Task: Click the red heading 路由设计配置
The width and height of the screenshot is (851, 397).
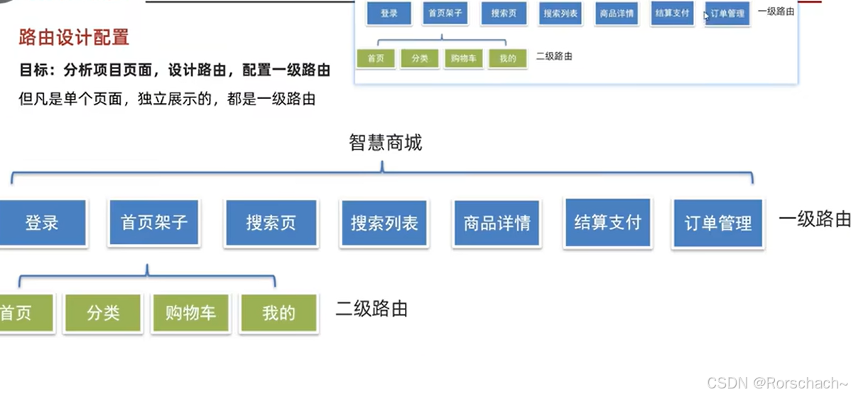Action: (x=74, y=37)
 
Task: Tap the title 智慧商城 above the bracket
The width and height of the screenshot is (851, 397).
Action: (x=385, y=143)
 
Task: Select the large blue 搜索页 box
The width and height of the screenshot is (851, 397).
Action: (x=271, y=223)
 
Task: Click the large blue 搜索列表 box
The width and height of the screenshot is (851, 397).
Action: (x=384, y=223)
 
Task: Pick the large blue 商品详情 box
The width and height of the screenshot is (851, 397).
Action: (x=497, y=223)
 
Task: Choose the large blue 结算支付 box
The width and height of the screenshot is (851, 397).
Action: (x=607, y=222)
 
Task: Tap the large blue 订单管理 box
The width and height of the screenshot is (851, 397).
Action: (x=717, y=223)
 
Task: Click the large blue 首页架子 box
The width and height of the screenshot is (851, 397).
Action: (x=154, y=222)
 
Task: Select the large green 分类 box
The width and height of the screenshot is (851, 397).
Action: (x=103, y=313)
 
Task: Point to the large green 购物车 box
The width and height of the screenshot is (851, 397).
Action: (x=190, y=313)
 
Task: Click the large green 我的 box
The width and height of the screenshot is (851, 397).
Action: (x=278, y=313)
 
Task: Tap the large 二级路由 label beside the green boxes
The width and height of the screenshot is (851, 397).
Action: (x=372, y=309)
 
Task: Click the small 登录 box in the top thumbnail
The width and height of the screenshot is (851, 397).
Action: (x=389, y=14)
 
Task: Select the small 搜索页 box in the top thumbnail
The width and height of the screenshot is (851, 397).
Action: (x=504, y=14)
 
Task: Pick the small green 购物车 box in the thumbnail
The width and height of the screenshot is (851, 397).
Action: (x=464, y=58)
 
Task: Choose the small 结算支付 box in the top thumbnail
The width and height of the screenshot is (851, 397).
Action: (x=672, y=13)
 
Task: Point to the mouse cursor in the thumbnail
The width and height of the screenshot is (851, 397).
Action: (x=706, y=16)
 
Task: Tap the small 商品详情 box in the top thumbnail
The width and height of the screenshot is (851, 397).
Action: (x=617, y=14)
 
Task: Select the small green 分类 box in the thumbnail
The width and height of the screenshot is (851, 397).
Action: (x=420, y=58)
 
